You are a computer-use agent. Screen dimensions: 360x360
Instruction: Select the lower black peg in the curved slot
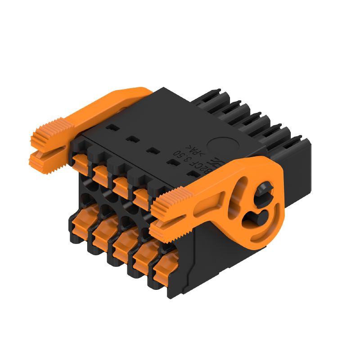pos(251,219)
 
